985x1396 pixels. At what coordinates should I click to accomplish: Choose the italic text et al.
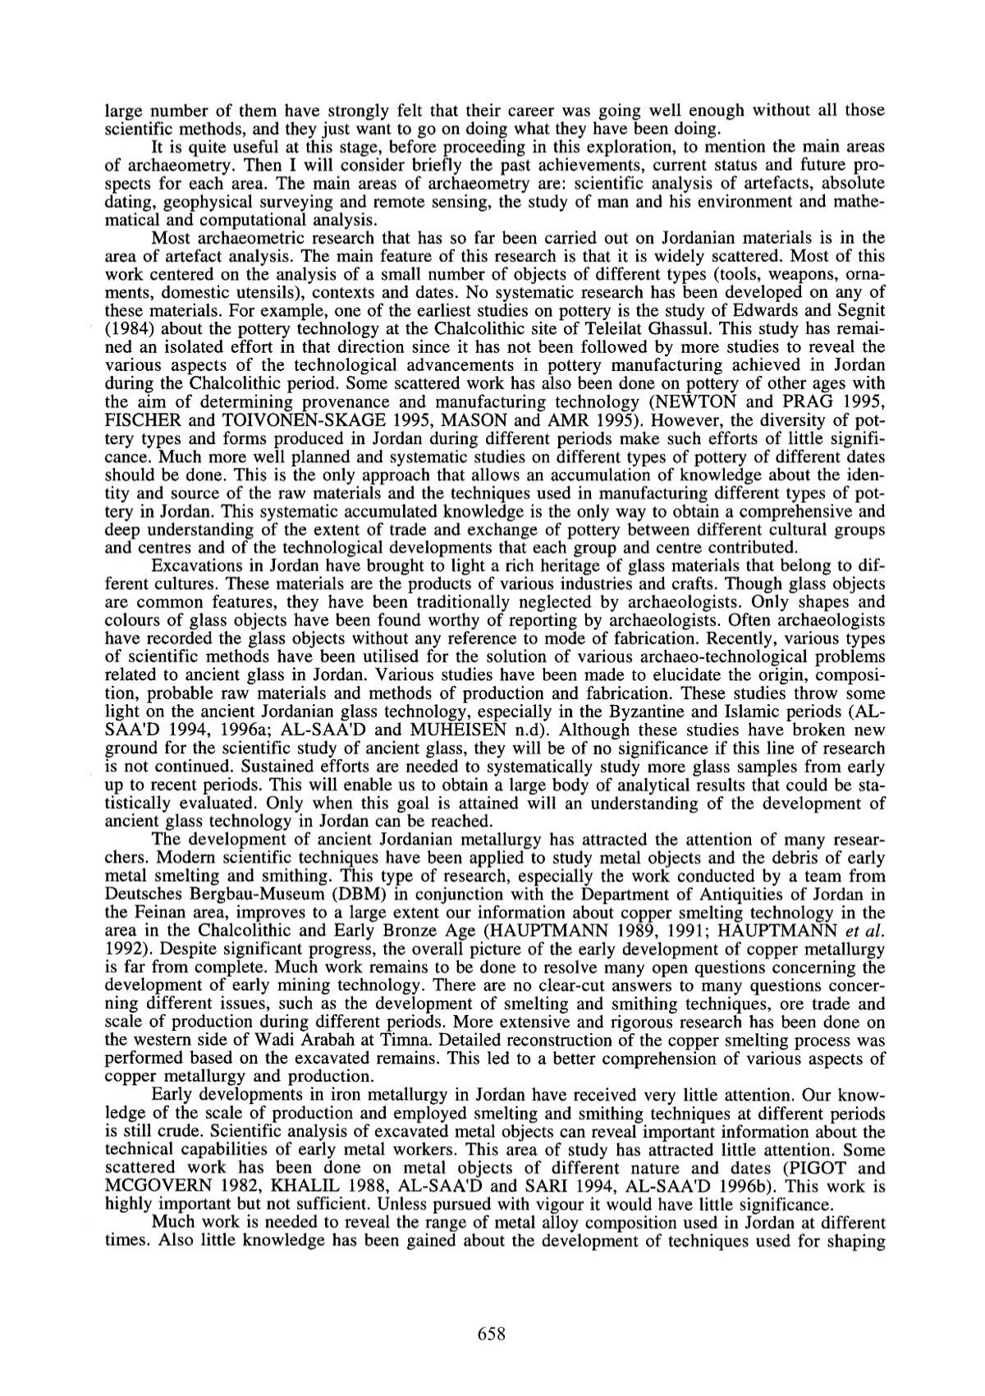click(x=866, y=925)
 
